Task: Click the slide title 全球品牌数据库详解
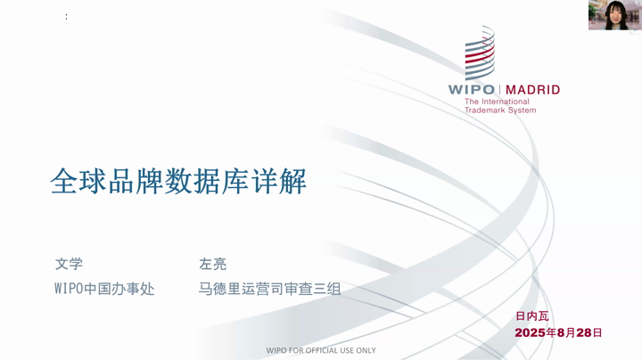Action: (178, 181)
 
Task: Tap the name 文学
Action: (69, 264)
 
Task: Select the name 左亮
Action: (212, 264)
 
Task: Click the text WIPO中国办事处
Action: (104, 289)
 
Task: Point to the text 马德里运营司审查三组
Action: (269, 289)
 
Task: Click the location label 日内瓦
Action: (531, 315)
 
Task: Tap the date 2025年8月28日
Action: (558, 332)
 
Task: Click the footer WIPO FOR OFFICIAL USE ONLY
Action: (321, 350)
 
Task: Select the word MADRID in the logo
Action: (532, 90)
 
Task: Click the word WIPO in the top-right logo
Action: (472, 90)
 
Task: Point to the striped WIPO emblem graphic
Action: (480, 53)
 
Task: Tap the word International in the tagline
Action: (506, 102)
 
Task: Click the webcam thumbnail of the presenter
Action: (615, 15)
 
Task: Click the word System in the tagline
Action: (522, 110)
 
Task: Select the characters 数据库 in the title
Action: (207, 181)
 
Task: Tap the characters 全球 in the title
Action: (78, 181)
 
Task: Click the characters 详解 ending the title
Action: (279, 181)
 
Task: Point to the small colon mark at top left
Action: (66, 16)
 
